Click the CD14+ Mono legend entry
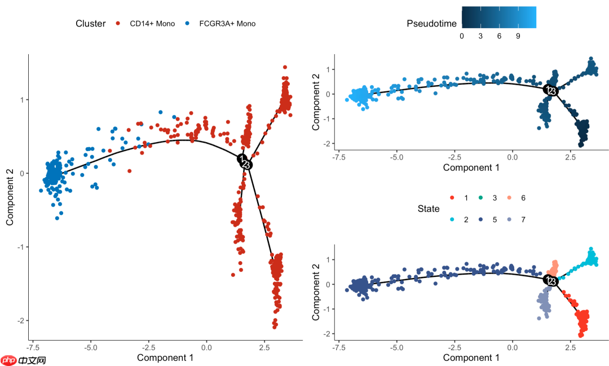pyautogui.click(x=145, y=24)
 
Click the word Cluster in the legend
pyautogui.click(x=90, y=24)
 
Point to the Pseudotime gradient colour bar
pyautogui.click(x=498, y=17)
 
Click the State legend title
pyautogui.click(x=429, y=209)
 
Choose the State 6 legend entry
pyautogui.click(x=518, y=198)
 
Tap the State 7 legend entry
pyautogui.click(x=518, y=219)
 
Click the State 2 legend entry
pyautogui.click(x=459, y=219)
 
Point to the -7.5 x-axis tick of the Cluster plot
pyautogui.click(x=33, y=346)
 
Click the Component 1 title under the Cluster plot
pyautogui.click(x=165, y=358)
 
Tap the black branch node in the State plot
pyautogui.click(x=550, y=280)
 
